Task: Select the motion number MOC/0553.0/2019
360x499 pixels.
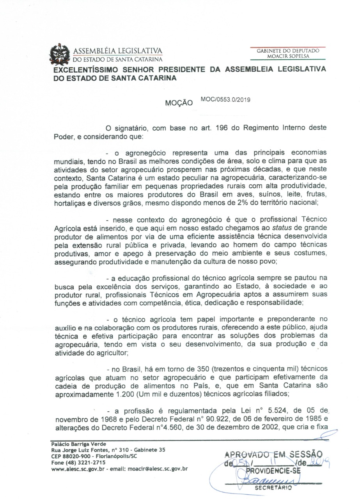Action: [x=226, y=99]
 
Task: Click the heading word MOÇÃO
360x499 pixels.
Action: [x=179, y=104]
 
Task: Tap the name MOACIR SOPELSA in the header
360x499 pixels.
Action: [x=288, y=56]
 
